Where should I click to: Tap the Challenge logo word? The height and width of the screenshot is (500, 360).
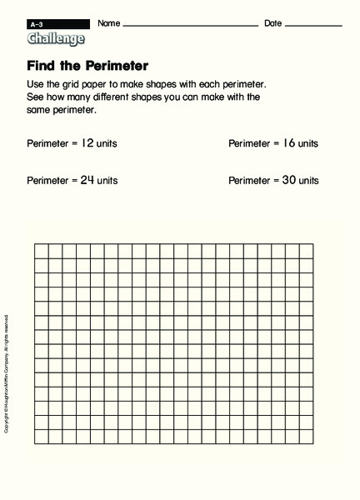click(x=56, y=38)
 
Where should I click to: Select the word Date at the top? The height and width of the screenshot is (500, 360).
click(x=272, y=22)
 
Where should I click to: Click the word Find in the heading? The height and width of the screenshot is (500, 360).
click(x=42, y=66)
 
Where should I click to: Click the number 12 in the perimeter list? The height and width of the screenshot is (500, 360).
click(x=87, y=142)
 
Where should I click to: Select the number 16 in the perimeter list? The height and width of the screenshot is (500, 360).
click(x=288, y=142)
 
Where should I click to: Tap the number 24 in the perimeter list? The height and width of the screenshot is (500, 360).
click(x=87, y=179)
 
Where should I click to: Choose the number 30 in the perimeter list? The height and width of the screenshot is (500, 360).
click(x=288, y=179)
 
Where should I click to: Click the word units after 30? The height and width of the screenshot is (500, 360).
click(x=307, y=179)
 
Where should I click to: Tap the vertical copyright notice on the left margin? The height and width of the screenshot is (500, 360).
click(x=7, y=350)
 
